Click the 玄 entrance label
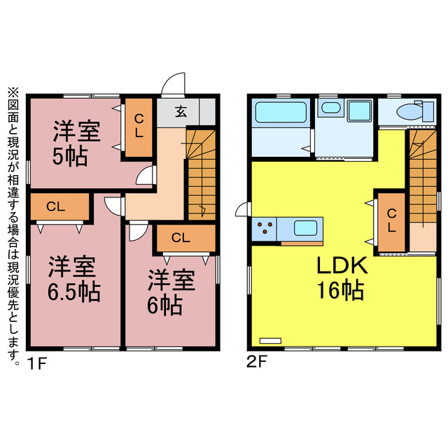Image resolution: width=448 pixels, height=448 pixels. (x=180, y=111)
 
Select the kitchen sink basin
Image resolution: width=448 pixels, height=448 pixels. (x=306, y=228)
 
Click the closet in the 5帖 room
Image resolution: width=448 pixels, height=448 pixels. (x=139, y=129)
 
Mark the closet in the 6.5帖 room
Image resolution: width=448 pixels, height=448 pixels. (x=59, y=207)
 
